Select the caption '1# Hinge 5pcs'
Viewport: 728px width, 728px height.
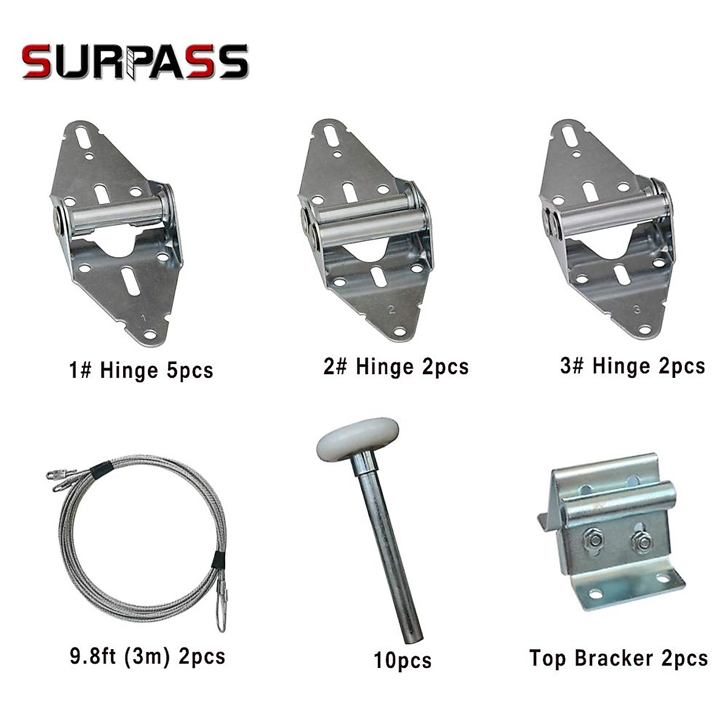click(x=141, y=370)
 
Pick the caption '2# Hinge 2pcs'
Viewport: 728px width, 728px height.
click(x=396, y=367)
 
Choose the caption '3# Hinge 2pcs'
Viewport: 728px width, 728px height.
click(x=632, y=366)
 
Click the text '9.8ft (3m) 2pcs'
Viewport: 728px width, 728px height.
click(x=147, y=657)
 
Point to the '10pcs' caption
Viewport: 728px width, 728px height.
click(x=402, y=660)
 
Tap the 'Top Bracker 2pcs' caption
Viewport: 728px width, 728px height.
click(x=618, y=658)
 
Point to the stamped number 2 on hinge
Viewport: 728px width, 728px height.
click(x=391, y=309)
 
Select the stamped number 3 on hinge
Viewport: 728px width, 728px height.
click(x=636, y=309)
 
